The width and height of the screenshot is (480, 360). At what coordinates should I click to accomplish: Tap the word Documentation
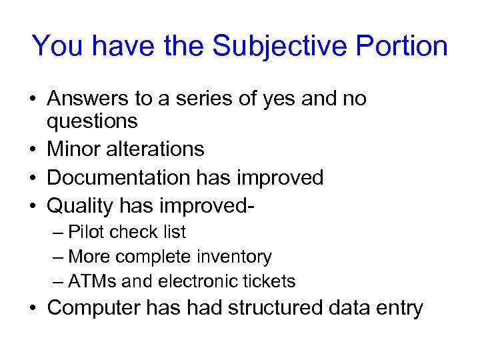119,177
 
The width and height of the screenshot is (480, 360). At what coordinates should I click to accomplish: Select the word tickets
271,281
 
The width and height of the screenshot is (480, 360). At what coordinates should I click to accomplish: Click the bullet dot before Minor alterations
33,149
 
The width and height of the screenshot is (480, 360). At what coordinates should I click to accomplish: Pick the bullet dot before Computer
33,309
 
